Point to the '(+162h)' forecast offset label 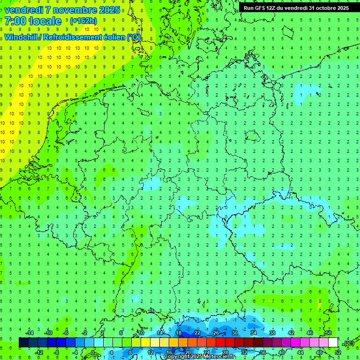click(83, 21)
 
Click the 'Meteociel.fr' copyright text click(215, 357)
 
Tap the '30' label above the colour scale click(235, 333)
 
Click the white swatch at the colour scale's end click(333, 343)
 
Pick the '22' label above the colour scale click(197, 333)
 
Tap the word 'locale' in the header click(45, 21)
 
